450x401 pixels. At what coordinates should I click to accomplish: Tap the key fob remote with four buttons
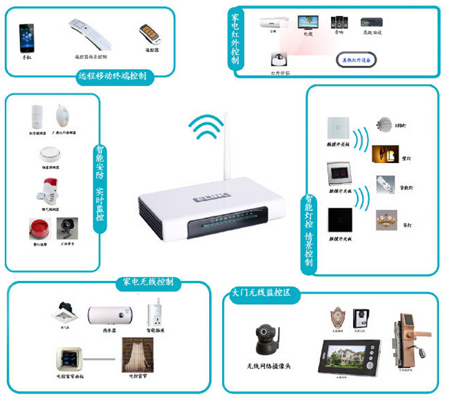click(x=148, y=34)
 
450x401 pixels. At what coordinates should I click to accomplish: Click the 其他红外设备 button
click(x=357, y=60)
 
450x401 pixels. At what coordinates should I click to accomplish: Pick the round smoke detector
click(x=48, y=154)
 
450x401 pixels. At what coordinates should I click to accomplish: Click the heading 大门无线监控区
click(x=263, y=293)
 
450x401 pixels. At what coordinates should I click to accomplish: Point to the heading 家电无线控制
click(x=148, y=282)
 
